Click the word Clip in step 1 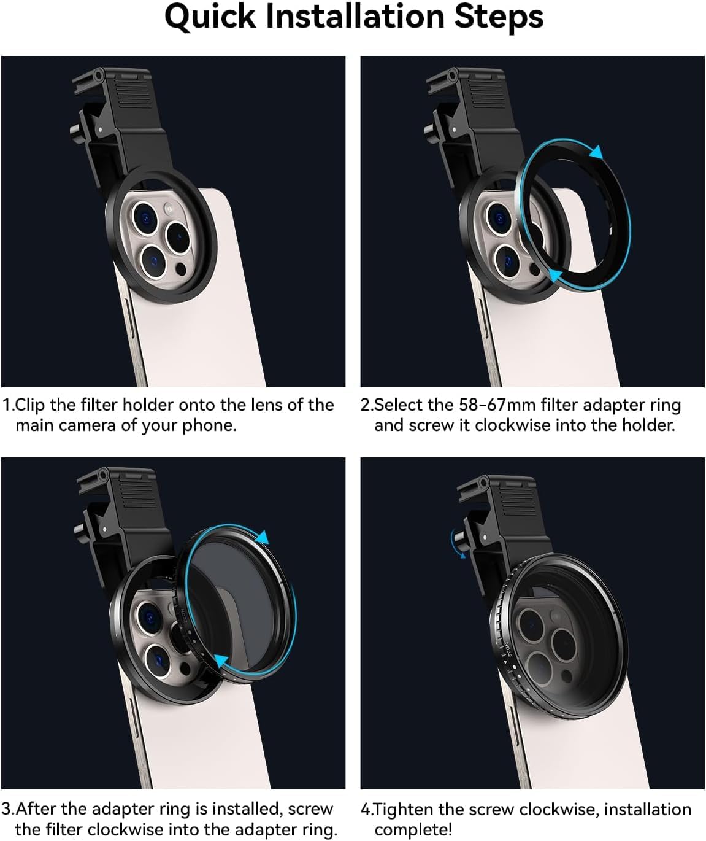[29, 406]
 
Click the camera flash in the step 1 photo [169, 209]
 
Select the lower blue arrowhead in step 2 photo [556, 275]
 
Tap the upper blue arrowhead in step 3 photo [263, 537]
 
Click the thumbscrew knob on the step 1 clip [75, 130]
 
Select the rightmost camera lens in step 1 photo [178, 237]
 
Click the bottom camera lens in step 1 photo [153, 262]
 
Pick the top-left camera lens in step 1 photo [145, 218]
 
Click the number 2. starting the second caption [366, 405]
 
